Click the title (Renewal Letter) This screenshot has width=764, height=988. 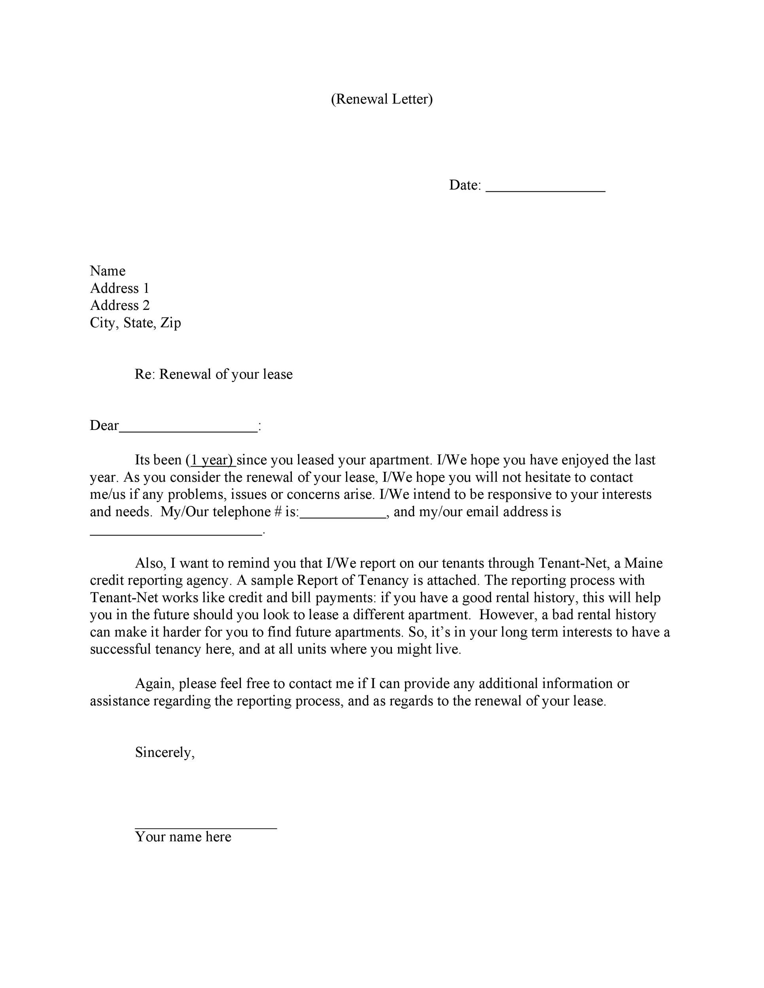pos(382,99)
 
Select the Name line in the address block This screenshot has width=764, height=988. pos(108,271)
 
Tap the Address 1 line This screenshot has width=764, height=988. pos(119,288)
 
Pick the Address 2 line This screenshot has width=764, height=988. pos(120,305)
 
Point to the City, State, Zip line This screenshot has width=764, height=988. pos(135,322)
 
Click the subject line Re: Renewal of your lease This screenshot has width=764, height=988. pos(213,374)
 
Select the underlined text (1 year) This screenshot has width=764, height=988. pos(210,460)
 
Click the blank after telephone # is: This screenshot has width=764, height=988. pos(342,516)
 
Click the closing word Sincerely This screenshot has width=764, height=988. pos(164,752)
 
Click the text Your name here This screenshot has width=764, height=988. pos(183,837)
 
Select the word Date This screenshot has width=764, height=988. pos(463,185)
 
